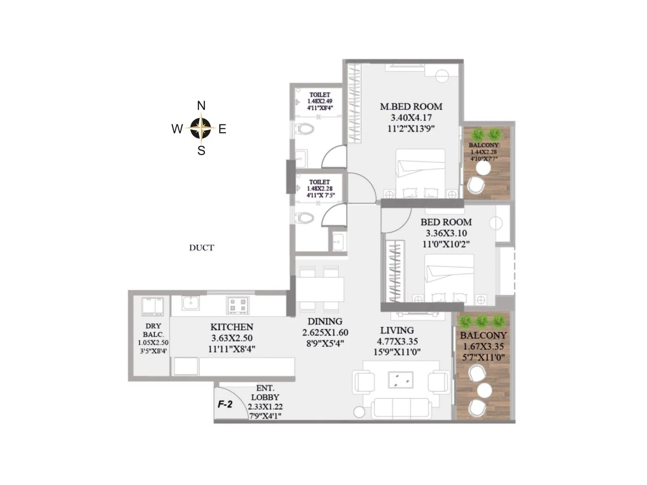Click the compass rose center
click(201, 128)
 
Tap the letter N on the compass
click(201, 106)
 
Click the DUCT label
click(201, 248)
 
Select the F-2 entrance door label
click(225, 404)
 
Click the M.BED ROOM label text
click(411, 107)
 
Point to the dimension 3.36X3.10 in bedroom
click(446, 233)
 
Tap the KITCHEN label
click(232, 327)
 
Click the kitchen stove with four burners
click(238, 305)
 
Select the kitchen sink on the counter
click(190, 303)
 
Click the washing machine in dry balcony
click(153, 306)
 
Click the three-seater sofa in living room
click(401, 408)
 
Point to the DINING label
click(325, 321)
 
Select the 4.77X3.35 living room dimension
click(397, 342)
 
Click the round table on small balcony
click(482, 170)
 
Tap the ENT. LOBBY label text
click(265, 393)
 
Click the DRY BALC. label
click(153, 330)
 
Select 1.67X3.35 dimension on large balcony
click(483, 346)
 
